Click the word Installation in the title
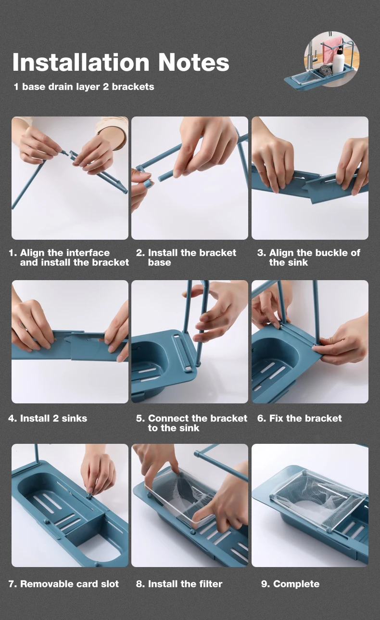81,62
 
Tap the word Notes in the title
193,62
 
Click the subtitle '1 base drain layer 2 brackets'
84,87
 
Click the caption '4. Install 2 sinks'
48,418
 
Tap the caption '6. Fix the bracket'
300,418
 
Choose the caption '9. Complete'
291,584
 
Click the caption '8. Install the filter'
179,584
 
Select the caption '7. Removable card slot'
63,584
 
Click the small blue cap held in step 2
148,184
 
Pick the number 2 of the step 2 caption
140,253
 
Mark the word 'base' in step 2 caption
159,262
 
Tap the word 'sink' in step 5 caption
189,428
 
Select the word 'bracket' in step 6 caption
325,418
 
